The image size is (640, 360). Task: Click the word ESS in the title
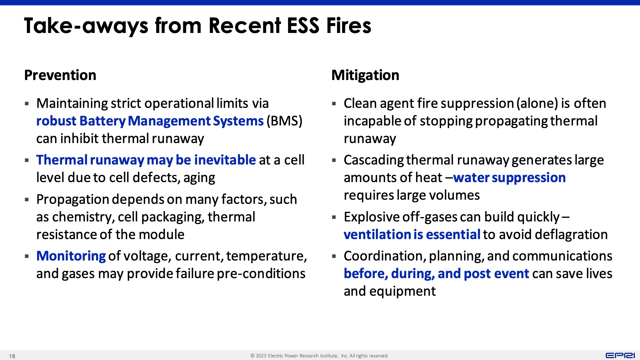[x=303, y=26]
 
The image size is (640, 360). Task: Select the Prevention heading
[x=60, y=75]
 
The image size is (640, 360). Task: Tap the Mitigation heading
[x=365, y=75]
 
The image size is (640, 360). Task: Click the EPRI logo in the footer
[x=620, y=356]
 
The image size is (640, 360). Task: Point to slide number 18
[x=12, y=356]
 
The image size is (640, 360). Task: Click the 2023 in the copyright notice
[x=261, y=356]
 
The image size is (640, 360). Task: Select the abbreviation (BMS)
[x=284, y=121]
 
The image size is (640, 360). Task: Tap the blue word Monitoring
[x=71, y=256]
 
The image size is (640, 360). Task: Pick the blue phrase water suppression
[x=509, y=178]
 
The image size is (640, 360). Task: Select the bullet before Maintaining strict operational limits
[x=27, y=104]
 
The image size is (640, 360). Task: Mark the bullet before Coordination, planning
[x=334, y=256]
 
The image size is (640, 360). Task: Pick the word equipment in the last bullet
[x=403, y=292]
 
